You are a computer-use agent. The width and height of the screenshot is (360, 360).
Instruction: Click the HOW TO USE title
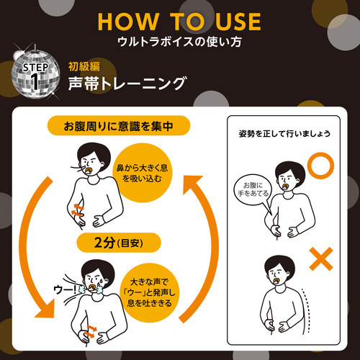pyautogui.click(x=179, y=22)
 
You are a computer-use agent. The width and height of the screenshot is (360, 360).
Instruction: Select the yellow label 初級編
pyautogui.click(x=84, y=66)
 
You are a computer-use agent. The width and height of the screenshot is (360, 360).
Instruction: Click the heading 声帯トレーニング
pyautogui.click(x=127, y=84)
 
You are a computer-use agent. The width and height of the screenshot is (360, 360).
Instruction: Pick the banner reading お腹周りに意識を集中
pyautogui.click(x=119, y=126)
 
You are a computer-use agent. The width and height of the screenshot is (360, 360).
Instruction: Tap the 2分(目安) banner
pyautogui.click(x=119, y=243)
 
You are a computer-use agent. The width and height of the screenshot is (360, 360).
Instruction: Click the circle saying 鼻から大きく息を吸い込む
pyautogui.click(x=142, y=173)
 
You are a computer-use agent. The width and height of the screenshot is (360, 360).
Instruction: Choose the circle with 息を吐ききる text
pyautogui.click(x=149, y=293)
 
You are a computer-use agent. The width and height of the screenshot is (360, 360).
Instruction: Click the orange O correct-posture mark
pyautogui.click(x=321, y=166)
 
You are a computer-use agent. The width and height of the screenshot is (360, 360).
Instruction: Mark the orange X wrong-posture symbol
pyautogui.click(x=321, y=259)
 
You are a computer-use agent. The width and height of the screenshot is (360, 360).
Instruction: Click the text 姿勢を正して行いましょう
pyautogui.click(x=284, y=134)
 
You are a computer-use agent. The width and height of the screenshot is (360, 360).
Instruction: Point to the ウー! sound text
pyautogui.click(x=65, y=289)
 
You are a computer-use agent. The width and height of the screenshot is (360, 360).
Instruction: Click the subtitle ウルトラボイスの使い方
pyautogui.click(x=179, y=42)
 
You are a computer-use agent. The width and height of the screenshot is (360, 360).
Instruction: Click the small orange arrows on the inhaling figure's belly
pyautogui.click(x=78, y=210)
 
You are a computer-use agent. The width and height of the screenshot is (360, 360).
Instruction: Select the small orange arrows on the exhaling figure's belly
pyautogui.click(x=90, y=332)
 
